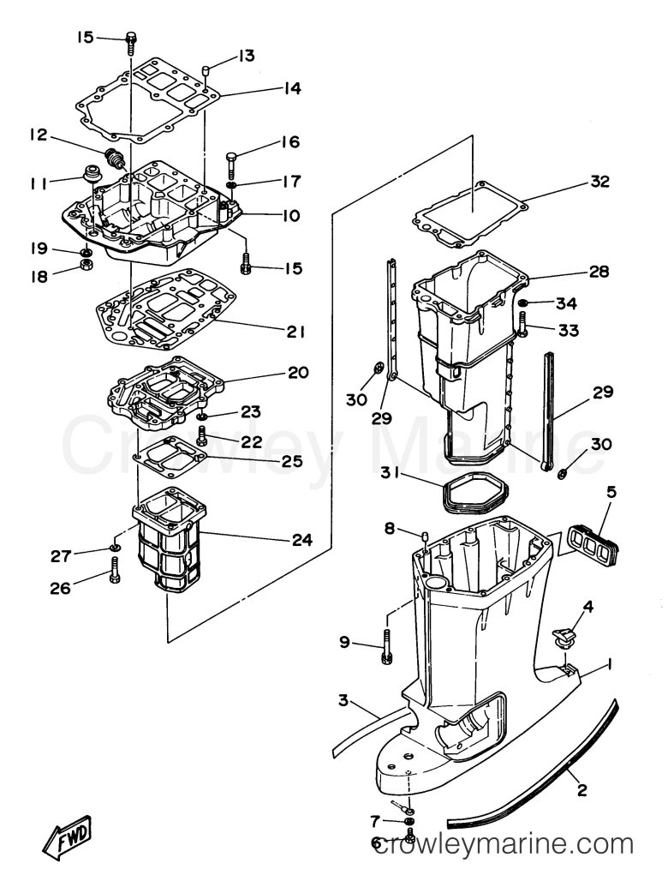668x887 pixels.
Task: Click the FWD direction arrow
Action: (68, 834)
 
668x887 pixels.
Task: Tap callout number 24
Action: (301, 540)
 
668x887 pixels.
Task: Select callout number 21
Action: (295, 332)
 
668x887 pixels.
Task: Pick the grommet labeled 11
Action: (89, 172)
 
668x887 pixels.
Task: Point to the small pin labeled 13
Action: (207, 72)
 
